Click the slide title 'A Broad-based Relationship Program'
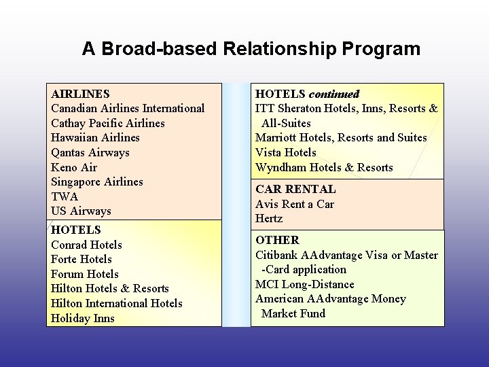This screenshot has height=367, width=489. point(251,49)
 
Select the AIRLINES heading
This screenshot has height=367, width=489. point(80,94)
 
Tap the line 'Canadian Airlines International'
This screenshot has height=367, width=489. point(128,108)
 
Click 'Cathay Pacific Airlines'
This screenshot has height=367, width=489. point(108,123)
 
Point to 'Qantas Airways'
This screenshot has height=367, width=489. point(90,152)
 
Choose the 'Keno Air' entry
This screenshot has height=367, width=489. point(74,167)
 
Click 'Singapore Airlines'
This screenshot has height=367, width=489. point(97,181)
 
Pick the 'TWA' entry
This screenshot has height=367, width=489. point(65,196)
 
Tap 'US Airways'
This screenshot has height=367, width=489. point(81,211)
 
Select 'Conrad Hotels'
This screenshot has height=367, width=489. point(86,245)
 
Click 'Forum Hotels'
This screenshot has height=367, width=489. point(84,274)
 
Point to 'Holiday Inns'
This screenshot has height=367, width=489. point(82,318)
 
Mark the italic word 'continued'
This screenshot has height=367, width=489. point(333,94)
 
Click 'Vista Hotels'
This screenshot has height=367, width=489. point(285,152)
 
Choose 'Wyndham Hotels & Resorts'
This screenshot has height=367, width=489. point(324,167)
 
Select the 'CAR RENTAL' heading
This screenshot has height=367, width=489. point(295,189)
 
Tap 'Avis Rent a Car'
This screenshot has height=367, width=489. point(295,204)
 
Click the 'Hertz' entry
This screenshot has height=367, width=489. point(269,218)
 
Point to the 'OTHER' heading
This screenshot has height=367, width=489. point(277,240)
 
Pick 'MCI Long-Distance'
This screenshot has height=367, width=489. point(305,284)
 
